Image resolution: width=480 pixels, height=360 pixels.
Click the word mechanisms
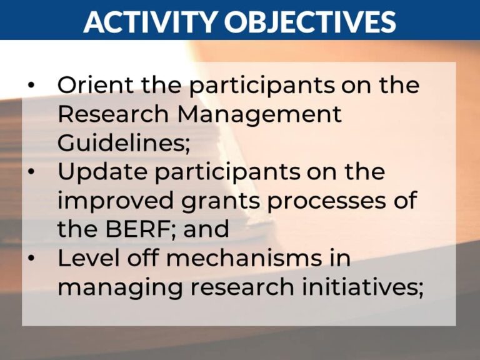[x=234, y=258]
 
